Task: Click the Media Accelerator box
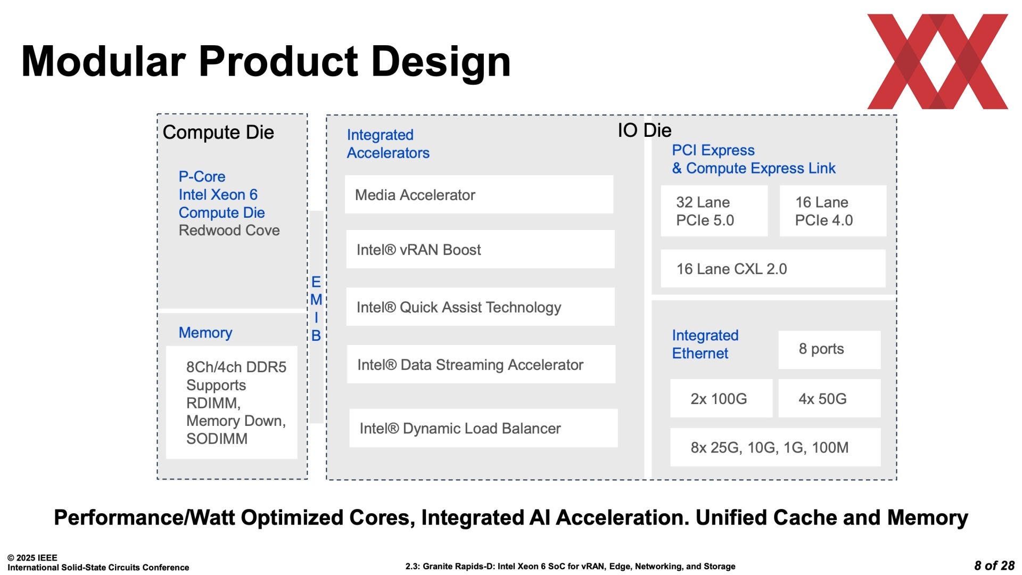coord(479,194)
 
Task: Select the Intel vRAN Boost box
coord(480,249)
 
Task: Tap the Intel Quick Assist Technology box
coord(480,307)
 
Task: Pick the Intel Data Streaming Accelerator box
coord(481,364)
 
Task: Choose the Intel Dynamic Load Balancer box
coord(483,428)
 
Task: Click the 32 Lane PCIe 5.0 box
coord(714,211)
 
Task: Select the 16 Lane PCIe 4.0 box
coord(833,211)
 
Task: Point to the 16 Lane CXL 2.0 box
coord(773,268)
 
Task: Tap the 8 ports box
coord(829,350)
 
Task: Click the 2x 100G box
coord(721,398)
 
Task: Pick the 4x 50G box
coord(829,398)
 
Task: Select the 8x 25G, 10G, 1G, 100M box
coord(776,447)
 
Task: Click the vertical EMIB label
coord(316,308)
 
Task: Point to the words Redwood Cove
coord(229,230)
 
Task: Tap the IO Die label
coord(645,130)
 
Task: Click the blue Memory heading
coord(205,333)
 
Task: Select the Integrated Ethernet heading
coord(705,344)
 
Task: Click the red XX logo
coord(938,61)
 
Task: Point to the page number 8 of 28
coord(994,565)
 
